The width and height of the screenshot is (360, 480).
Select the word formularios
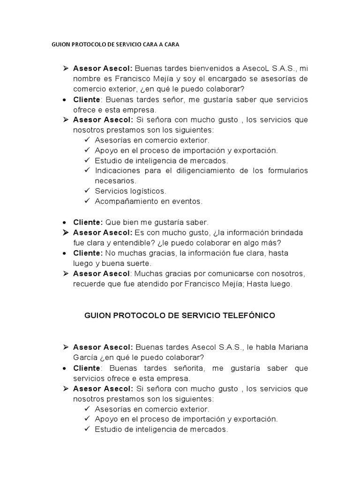click(x=288, y=171)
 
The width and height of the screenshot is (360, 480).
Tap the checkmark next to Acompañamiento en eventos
click(x=88, y=202)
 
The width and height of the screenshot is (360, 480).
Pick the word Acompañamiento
click(x=125, y=202)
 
